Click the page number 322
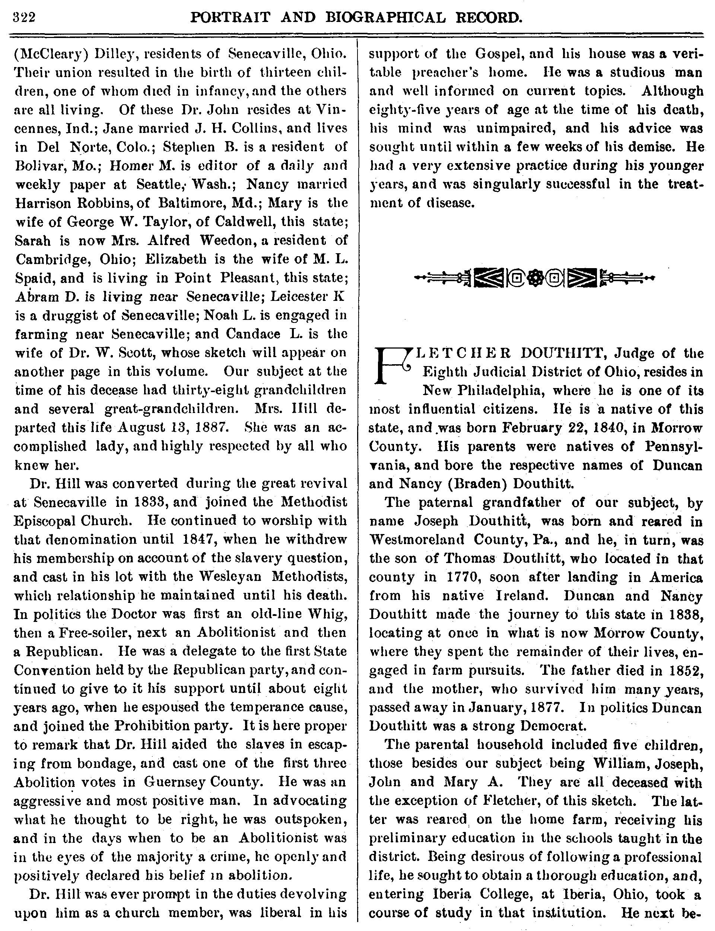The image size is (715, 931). point(24,18)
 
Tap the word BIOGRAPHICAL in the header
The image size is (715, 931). point(391,18)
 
